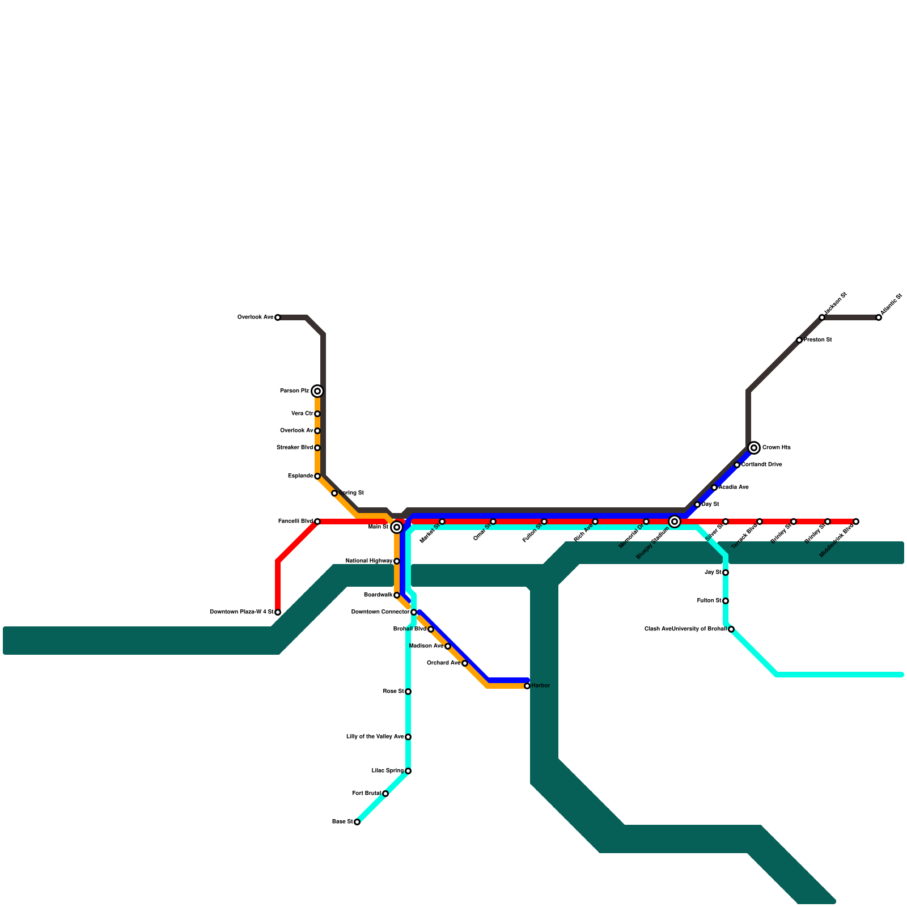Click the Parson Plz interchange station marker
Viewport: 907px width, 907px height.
pyautogui.click(x=317, y=391)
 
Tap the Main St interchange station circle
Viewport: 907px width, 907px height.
pyautogui.click(x=397, y=527)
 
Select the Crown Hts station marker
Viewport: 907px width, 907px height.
pyautogui.click(x=754, y=448)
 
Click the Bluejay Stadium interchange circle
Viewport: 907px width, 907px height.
pyautogui.click(x=675, y=522)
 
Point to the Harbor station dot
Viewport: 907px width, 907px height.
pyautogui.click(x=527, y=686)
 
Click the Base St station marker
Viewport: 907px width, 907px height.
pyautogui.click(x=357, y=822)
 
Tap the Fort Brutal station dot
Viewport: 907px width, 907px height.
pyautogui.click(x=385, y=794)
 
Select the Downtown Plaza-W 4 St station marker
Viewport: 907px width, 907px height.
pyautogui.click(x=278, y=612)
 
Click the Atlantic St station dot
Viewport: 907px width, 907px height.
pyautogui.click(x=879, y=317)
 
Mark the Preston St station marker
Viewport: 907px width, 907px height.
pyautogui.click(x=799, y=340)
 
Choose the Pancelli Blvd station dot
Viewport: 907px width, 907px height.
pyautogui.click(x=317, y=522)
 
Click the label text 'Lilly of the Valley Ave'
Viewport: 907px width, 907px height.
pyautogui.click(x=375, y=737)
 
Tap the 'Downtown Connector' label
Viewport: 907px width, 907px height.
pyautogui.click(x=380, y=612)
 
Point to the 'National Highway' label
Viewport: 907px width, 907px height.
pyautogui.click(x=368, y=561)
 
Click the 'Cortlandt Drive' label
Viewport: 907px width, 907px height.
pyautogui.click(x=762, y=465)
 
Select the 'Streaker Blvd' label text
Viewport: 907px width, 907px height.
pyautogui.click(x=294, y=448)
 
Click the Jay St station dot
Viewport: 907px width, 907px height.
pyautogui.click(x=726, y=573)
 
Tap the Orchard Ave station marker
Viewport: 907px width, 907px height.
pyautogui.click(x=465, y=663)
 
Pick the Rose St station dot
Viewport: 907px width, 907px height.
pyautogui.click(x=408, y=692)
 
